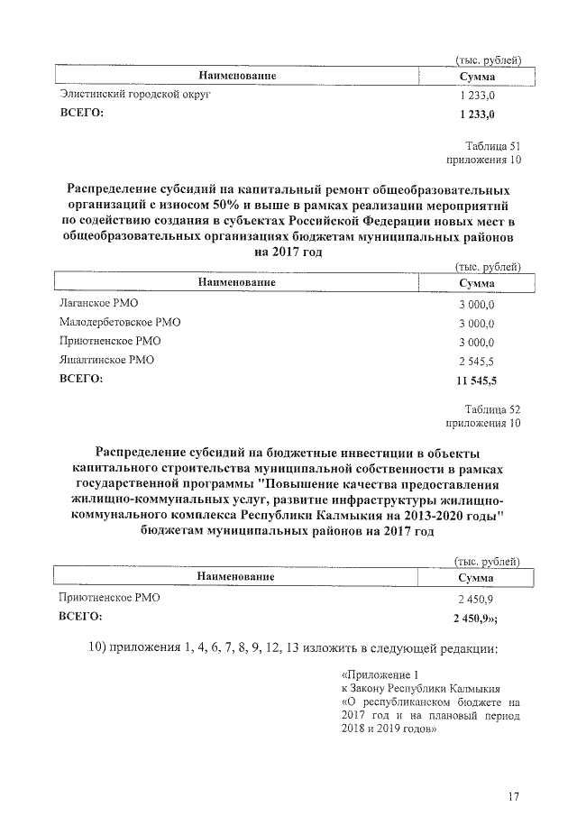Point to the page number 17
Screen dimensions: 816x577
(513, 796)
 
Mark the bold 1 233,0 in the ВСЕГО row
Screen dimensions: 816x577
(476, 114)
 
